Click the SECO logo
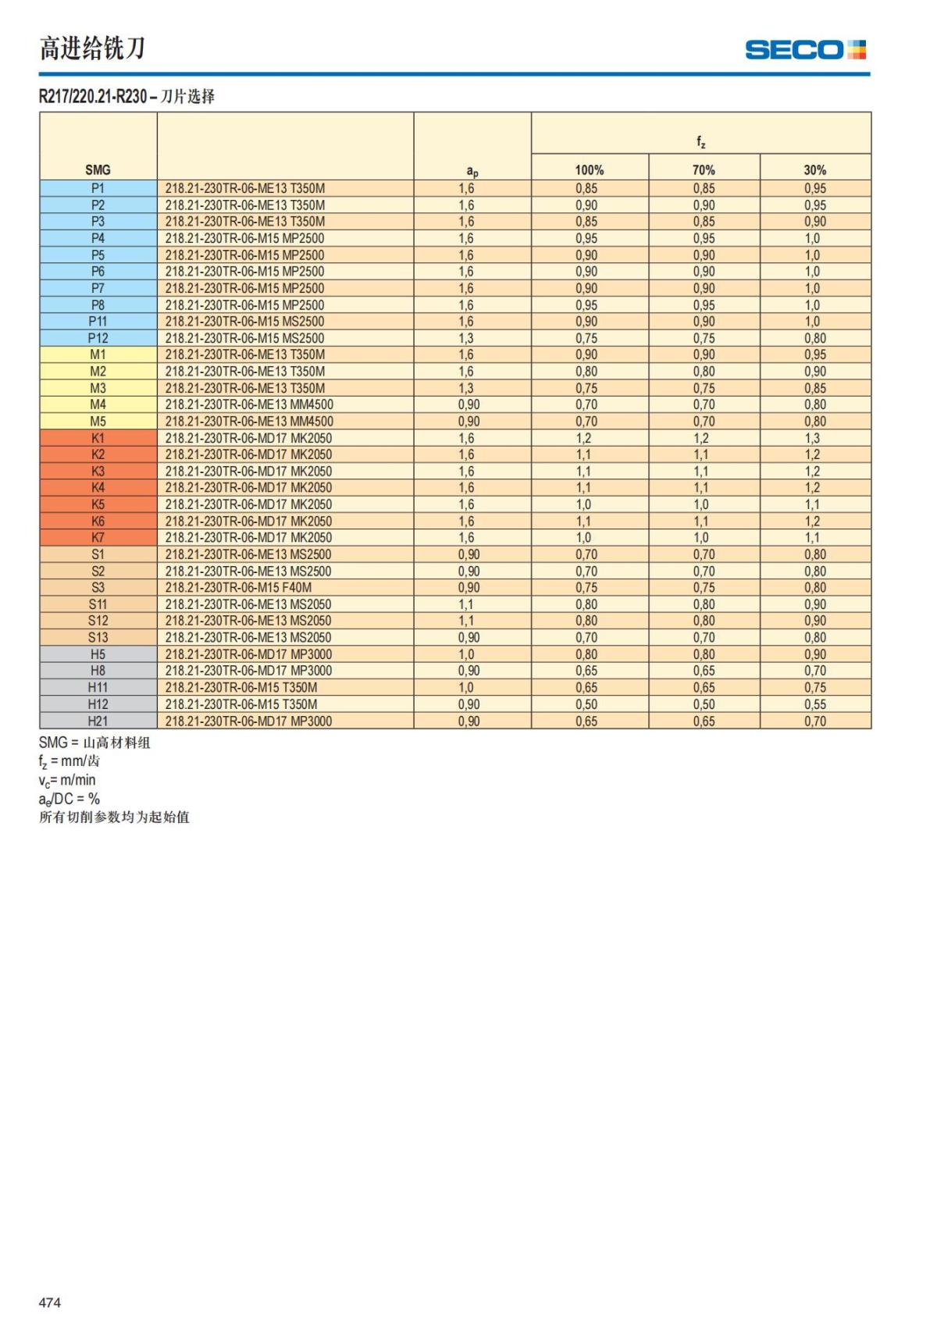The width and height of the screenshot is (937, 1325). click(x=805, y=50)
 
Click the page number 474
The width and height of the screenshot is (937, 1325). click(x=50, y=1302)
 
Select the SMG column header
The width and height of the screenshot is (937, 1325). click(x=98, y=169)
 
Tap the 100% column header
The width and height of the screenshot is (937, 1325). click(x=590, y=169)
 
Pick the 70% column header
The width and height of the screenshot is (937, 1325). click(x=704, y=169)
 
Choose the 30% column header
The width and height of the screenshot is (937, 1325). click(x=815, y=169)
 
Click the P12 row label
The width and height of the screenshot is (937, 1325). click(x=98, y=338)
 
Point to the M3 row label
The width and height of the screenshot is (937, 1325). click(x=98, y=388)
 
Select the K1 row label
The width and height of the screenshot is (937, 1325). click(x=98, y=438)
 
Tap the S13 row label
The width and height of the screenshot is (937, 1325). click(x=98, y=637)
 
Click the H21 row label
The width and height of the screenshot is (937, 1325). click(x=98, y=721)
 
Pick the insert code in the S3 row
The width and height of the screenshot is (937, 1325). click(x=238, y=587)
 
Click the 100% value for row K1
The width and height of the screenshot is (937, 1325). click(x=584, y=438)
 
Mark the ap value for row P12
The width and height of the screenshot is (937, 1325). click(x=466, y=338)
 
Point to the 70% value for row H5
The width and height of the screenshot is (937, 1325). click(x=704, y=654)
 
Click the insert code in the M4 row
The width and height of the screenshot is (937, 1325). click(x=249, y=404)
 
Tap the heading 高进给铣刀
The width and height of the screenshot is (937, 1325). click(x=92, y=48)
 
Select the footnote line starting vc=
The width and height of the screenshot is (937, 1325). click(x=67, y=780)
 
